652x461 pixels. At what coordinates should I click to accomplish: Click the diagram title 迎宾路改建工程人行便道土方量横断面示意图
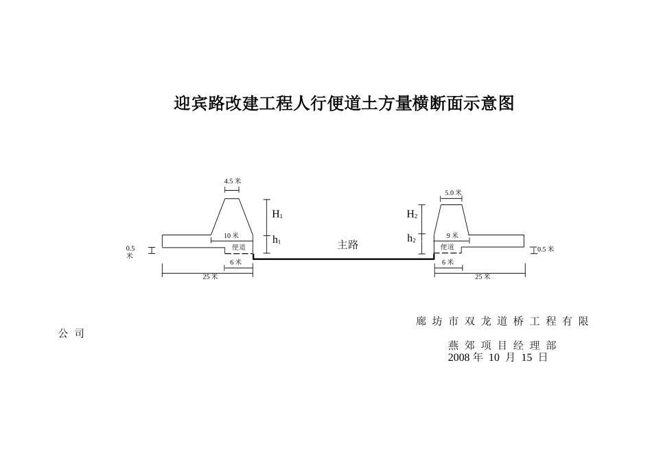click(344, 104)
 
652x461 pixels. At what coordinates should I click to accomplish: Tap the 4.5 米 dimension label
click(233, 181)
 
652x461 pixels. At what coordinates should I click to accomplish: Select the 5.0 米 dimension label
click(453, 193)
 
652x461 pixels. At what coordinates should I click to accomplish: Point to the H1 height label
click(277, 214)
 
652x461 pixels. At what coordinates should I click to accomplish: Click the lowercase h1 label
click(277, 240)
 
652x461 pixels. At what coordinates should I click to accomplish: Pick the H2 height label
click(412, 214)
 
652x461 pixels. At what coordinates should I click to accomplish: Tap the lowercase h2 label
click(411, 239)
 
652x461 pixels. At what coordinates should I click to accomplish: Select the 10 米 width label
click(231, 236)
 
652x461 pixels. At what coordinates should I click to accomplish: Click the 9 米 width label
click(452, 236)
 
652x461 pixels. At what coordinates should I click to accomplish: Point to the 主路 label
click(348, 245)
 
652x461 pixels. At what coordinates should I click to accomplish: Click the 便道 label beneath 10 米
click(239, 247)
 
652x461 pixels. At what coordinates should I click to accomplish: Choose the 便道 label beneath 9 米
click(447, 247)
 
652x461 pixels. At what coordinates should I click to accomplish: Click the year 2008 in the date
click(458, 357)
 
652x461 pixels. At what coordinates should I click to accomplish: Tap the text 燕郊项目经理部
click(502, 345)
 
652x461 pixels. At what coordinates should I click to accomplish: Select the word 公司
click(71, 333)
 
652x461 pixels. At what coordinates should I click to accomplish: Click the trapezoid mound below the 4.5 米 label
click(232, 218)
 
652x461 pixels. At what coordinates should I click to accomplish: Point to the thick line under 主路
click(343, 259)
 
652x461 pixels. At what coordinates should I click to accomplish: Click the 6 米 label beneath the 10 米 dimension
click(236, 262)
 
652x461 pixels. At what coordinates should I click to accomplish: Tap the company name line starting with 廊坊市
click(502, 321)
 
